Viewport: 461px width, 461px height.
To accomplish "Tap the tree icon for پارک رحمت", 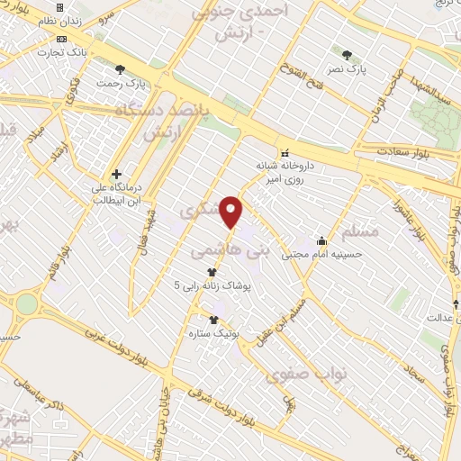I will pyautogui.click(x=120, y=69).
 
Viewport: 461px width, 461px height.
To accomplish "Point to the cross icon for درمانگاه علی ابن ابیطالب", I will pyautogui.click(x=117, y=174).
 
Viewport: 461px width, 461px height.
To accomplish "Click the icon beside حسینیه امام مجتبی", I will pyautogui.click(x=321, y=241).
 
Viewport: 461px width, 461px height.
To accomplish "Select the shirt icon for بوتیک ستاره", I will pyautogui.click(x=214, y=320).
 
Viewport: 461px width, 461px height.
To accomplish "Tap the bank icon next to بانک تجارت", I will pyautogui.click(x=61, y=39).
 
